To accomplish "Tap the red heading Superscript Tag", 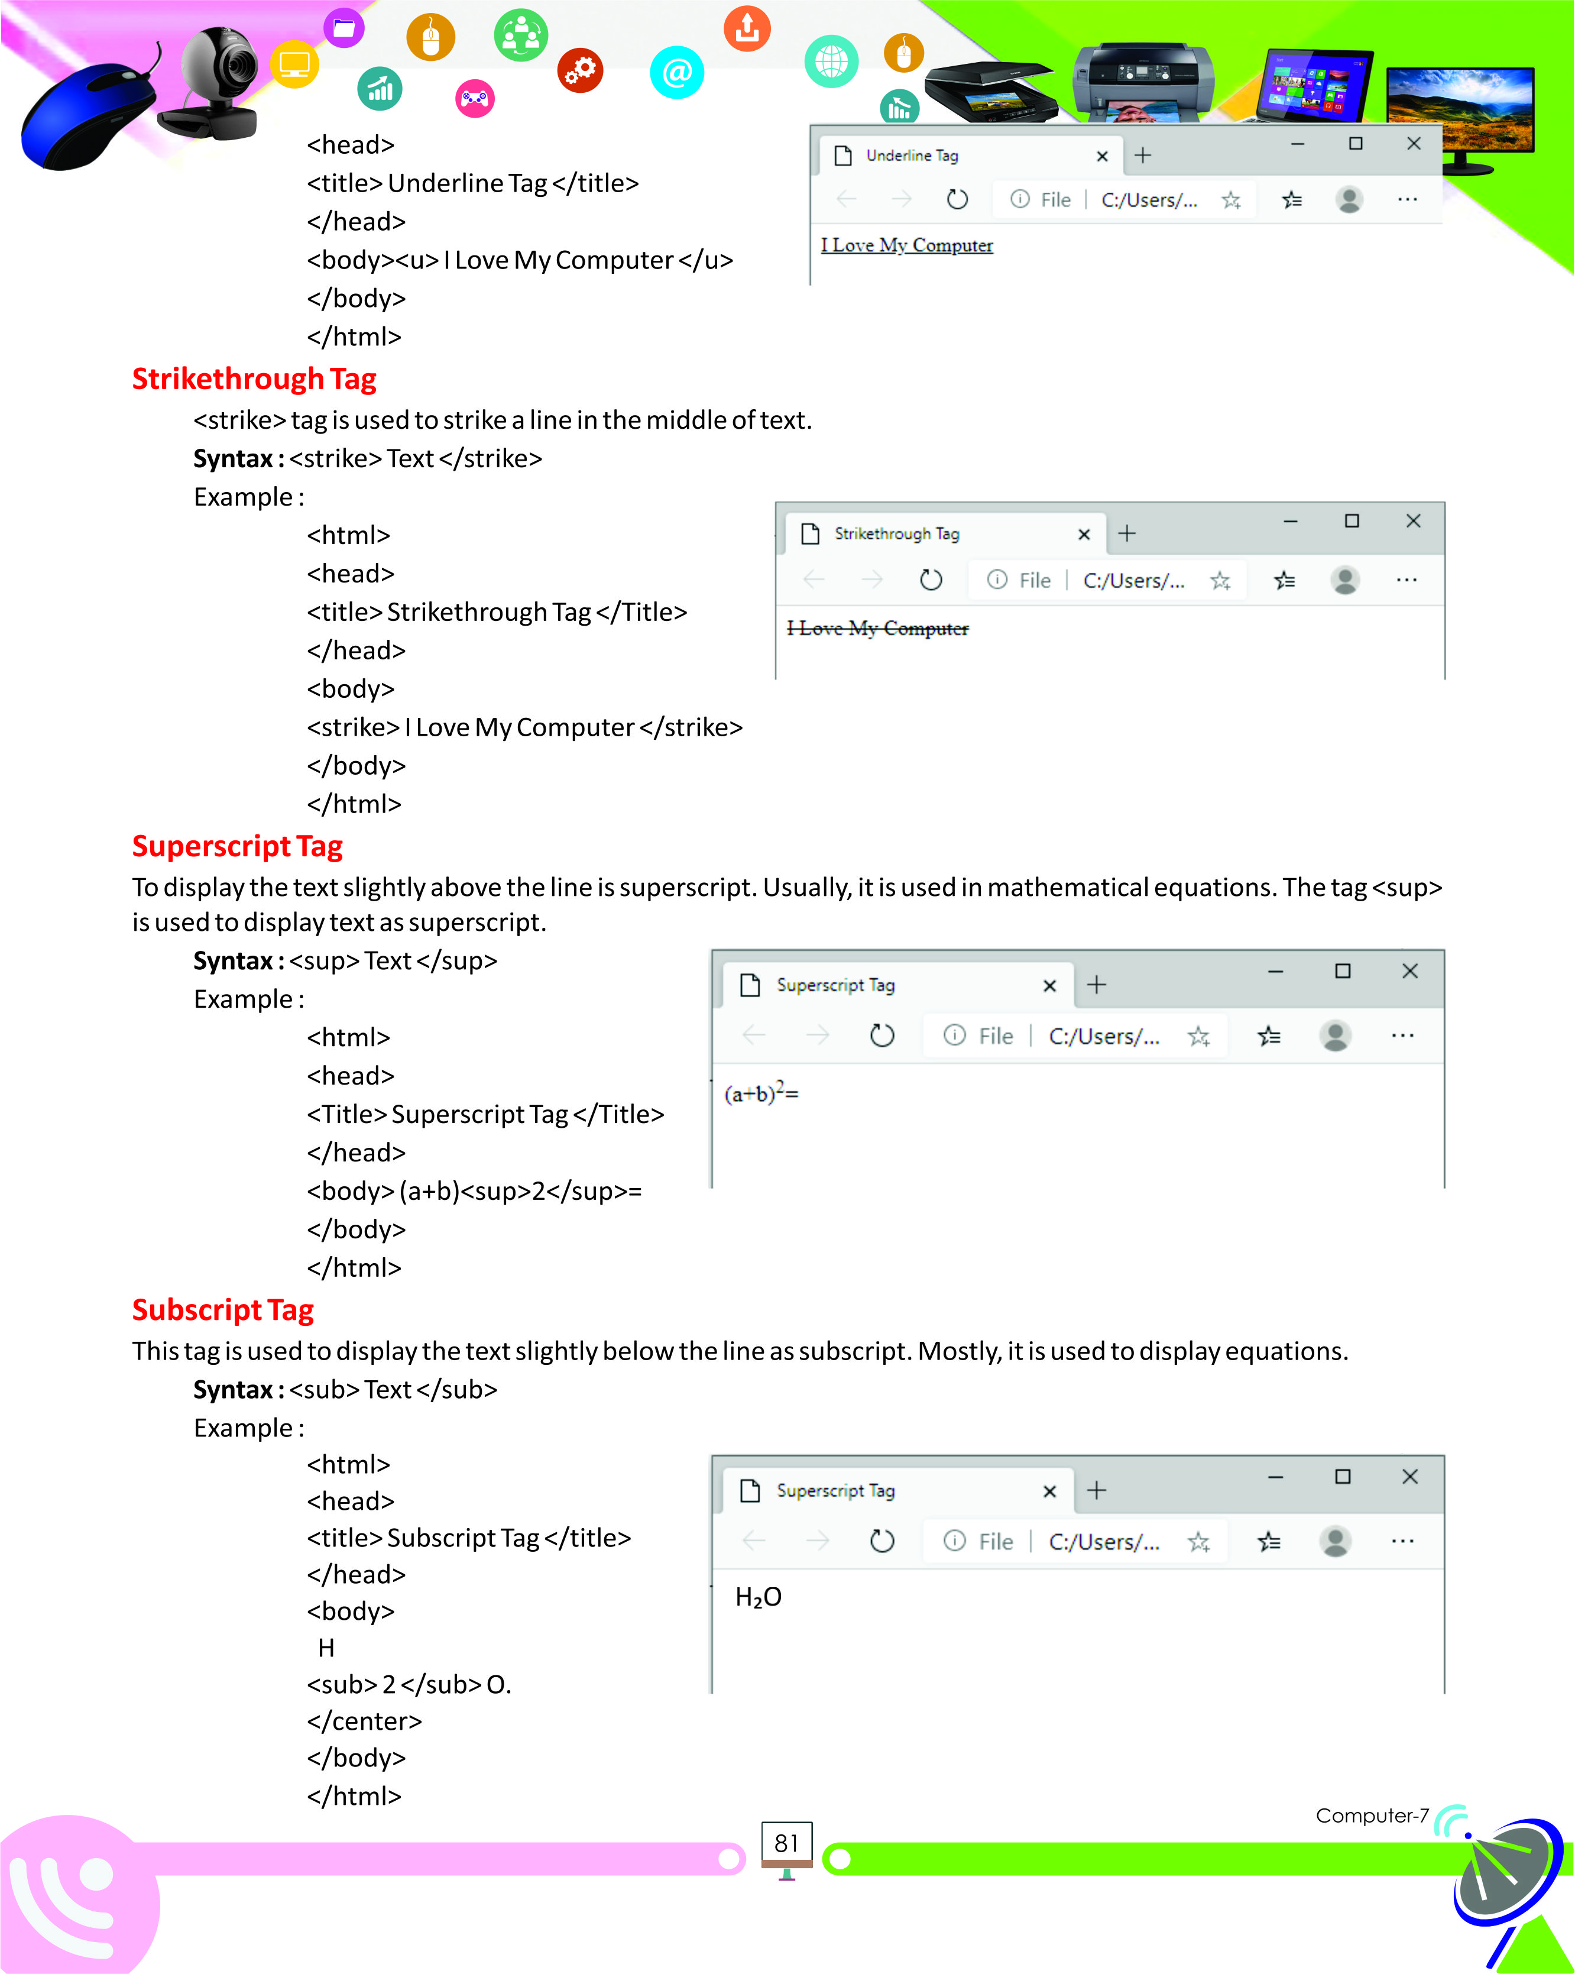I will pyautogui.click(x=237, y=846).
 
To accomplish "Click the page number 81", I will pyautogui.click(x=786, y=1843).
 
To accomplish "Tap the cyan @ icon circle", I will pyautogui.click(x=676, y=72).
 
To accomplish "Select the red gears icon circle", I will pyautogui.click(x=580, y=70).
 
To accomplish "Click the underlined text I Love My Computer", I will pyautogui.click(x=906, y=245).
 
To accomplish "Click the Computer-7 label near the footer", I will pyautogui.click(x=1371, y=1816).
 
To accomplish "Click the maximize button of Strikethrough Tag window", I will pyautogui.click(x=1351, y=521).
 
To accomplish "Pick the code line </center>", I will pyautogui.click(x=364, y=1721).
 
